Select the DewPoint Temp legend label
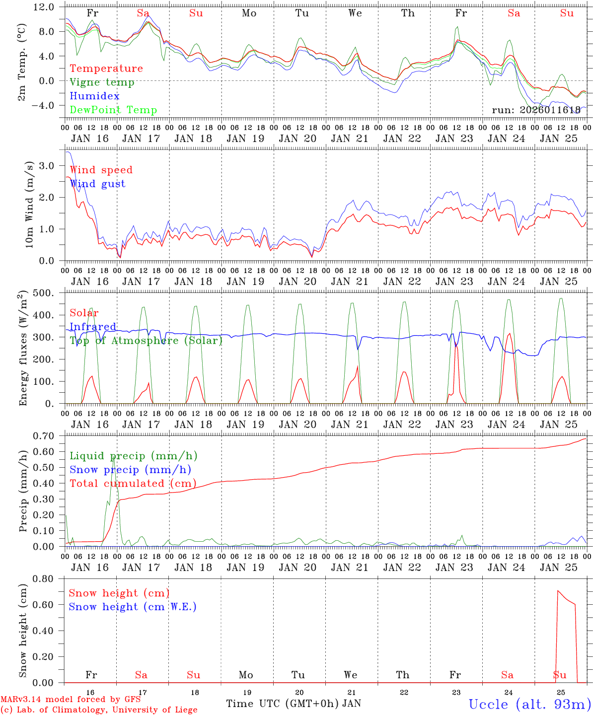[x=113, y=110]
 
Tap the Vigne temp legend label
[x=102, y=82]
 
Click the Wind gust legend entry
[x=97, y=184]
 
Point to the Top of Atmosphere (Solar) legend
[x=146, y=341]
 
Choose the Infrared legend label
[x=93, y=327]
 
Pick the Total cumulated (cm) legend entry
[x=133, y=484]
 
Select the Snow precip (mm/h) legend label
[x=130, y=470]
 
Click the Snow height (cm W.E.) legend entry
[x=133, y=607]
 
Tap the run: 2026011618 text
[x=536, y=110]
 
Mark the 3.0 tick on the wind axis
[x=52, y=166]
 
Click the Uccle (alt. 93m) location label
[x=529, y=704]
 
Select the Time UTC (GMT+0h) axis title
[x=283, y=704]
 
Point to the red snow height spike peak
[x=558, y=591]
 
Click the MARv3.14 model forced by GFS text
[x=71, y=700]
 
